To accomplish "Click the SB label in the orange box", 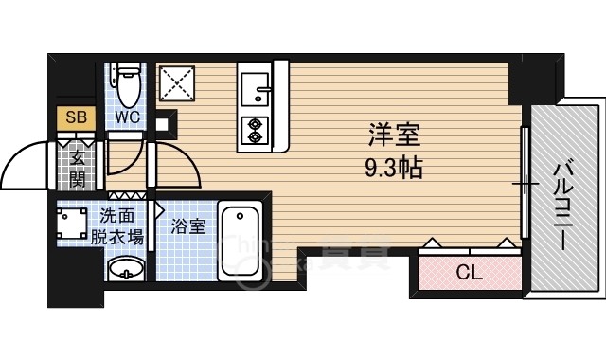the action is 76,117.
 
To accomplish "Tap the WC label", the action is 128,117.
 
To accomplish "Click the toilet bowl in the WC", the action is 129,86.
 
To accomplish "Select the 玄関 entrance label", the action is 78,169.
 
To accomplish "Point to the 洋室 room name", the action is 394,135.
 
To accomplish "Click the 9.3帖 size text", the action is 394,168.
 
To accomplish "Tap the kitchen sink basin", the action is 255,89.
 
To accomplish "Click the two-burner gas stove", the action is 255,130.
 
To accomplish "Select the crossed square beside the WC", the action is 177,83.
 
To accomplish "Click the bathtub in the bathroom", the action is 240,241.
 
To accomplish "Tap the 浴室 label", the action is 188,226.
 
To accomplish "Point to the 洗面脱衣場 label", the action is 116,226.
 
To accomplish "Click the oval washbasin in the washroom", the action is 126,268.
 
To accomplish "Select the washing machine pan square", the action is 72,224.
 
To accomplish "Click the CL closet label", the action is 470,273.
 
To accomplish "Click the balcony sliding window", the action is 525,183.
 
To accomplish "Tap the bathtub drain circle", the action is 240,215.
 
